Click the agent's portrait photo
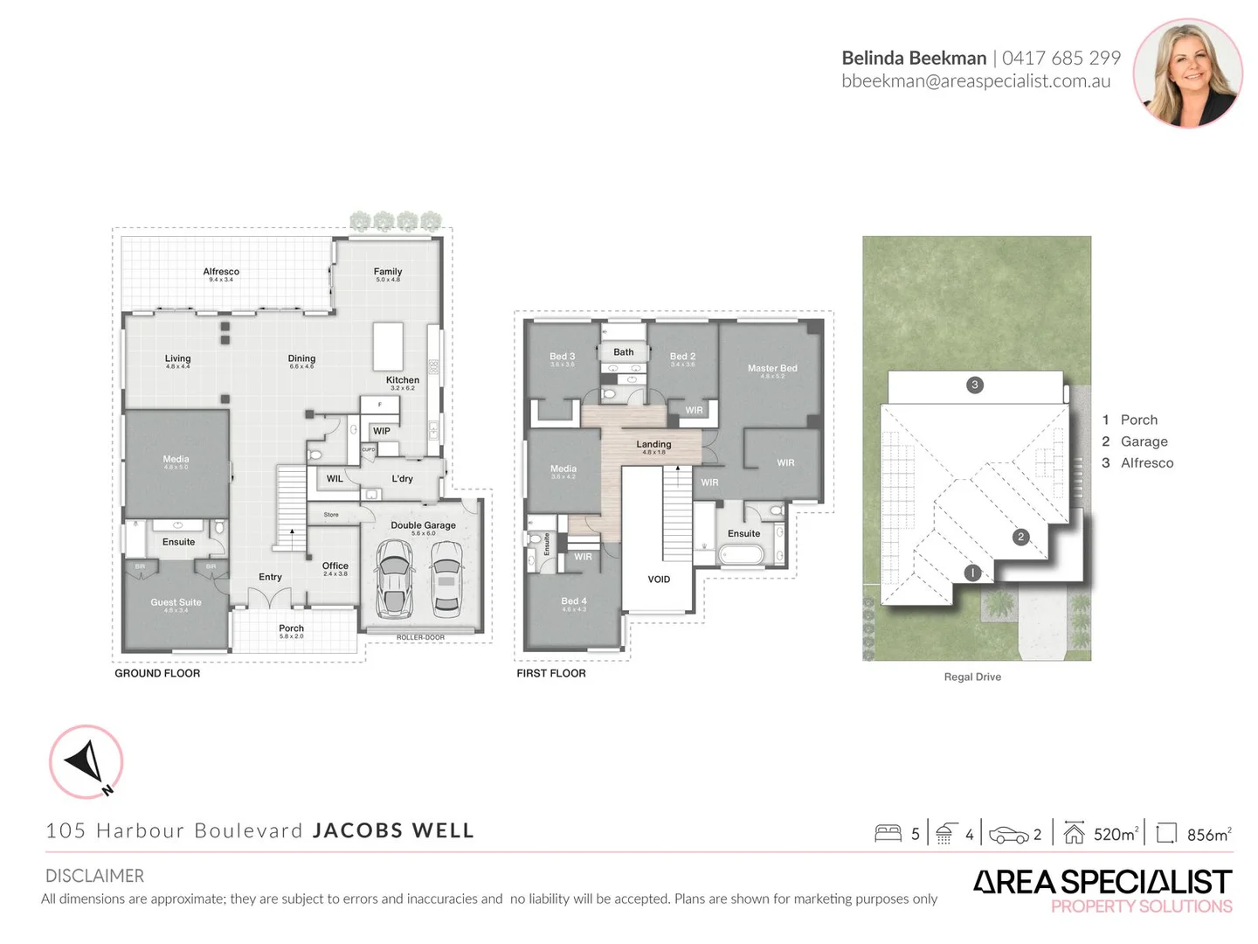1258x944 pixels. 1187,73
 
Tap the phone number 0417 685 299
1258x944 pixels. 1061,59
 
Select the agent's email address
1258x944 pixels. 976,81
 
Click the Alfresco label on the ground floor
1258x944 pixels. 221,272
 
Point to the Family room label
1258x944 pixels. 388,272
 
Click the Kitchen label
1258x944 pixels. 403,380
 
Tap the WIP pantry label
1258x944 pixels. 382,431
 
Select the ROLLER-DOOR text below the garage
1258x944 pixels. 420,637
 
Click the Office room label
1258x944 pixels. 335,566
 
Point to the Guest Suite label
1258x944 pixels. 176,602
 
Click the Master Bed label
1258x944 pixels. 772,369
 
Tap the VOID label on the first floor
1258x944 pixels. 659,580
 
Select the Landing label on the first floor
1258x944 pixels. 653,445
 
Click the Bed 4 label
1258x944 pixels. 574,601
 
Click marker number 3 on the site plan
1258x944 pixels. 975,385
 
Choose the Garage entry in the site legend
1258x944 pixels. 1144,441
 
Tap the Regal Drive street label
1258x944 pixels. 972,677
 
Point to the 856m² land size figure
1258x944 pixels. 1208,835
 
